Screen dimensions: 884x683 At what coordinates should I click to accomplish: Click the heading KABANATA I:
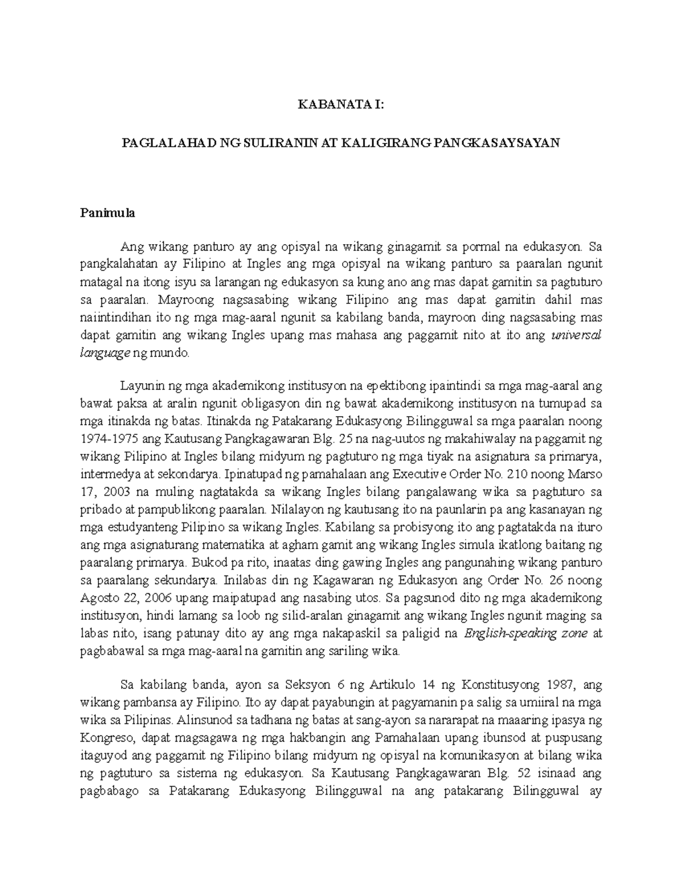[x=341, y=104]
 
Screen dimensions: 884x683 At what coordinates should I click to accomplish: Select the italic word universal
[x=577, y=335]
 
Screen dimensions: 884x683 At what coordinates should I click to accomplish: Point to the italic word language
[x=105, y=353]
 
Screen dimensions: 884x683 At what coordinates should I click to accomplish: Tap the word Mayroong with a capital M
[x=183, y=299]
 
